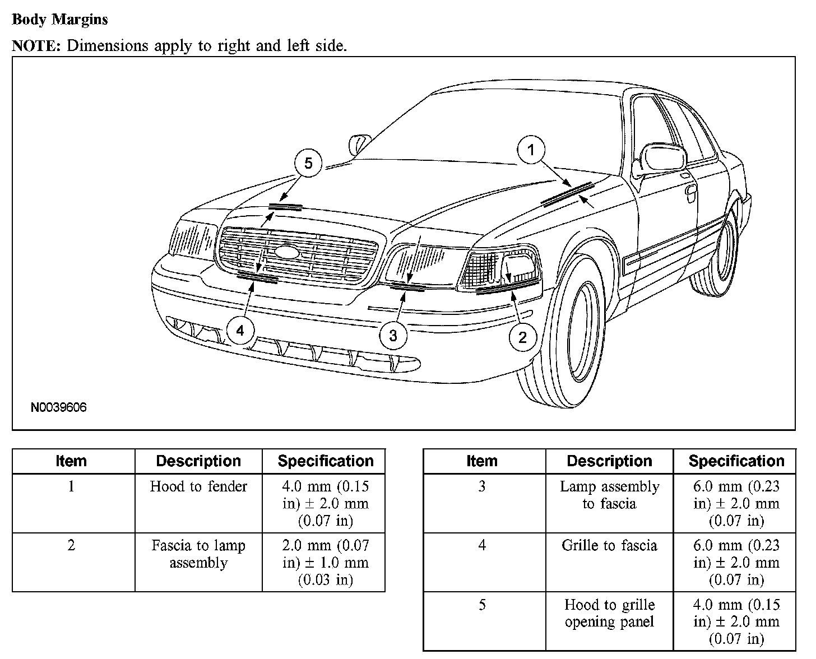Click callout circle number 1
coord(531,150)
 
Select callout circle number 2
coord(522,337)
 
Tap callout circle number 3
coord(393,335)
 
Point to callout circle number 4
coord(240,331)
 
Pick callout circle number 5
coord(308,163)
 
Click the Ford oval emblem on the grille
coord(288,252)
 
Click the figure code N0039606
coord(58,407)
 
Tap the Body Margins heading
coord(59,20)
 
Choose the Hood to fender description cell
coord(198,486)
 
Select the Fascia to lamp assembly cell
coord(198,554)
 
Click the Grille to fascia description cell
coord(609,545)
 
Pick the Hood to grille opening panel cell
coord(609,613)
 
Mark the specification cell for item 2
coord(325,562)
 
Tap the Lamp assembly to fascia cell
coord(609,495)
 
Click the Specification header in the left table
coord(325,461)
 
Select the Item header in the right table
coord(482,461)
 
